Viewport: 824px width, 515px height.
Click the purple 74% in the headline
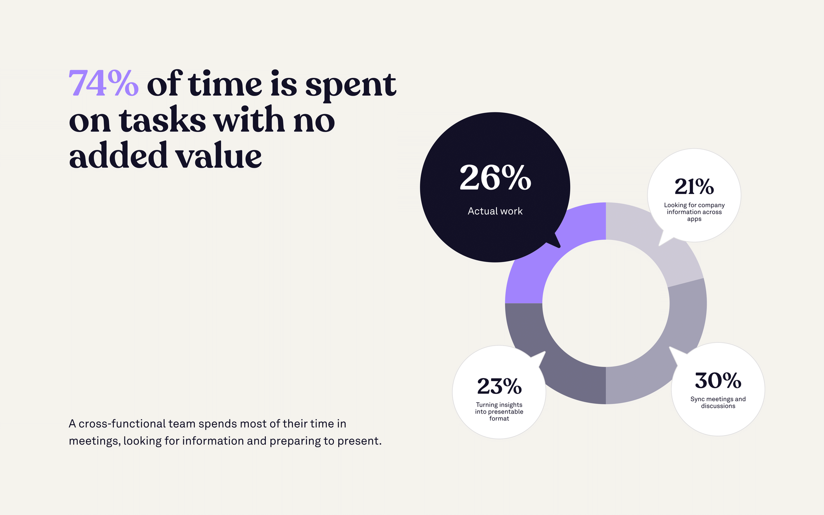coord(103,84)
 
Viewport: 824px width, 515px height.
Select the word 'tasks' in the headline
coord(162,121)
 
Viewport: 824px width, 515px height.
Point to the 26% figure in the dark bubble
coord(495,178)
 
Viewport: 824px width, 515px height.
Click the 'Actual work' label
coord(495,211)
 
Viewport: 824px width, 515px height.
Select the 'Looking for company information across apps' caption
coord(694,212)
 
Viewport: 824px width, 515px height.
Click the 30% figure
coord(718,381)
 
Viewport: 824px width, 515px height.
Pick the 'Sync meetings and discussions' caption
coord(718,403)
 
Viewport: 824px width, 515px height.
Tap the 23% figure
coord(499,386)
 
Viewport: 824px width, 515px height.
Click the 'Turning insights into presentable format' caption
coord(499,412)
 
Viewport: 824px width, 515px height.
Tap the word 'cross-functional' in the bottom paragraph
coord(122,424)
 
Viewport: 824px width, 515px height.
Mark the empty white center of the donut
coord(606,303)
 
